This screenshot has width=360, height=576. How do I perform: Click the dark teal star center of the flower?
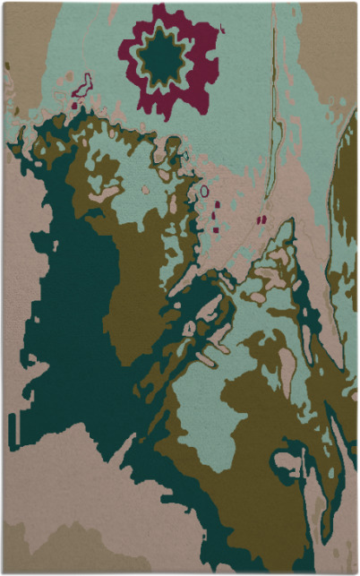coord(165,57)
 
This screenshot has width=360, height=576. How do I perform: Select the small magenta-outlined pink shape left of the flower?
coord(81,86)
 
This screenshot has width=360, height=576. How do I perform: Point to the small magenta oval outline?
coord(204,191)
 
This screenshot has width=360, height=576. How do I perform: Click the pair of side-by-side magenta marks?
coord(261,219)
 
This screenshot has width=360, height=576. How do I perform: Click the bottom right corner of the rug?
coord(356,572)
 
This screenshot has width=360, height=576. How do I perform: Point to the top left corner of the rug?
coord(4,4)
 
